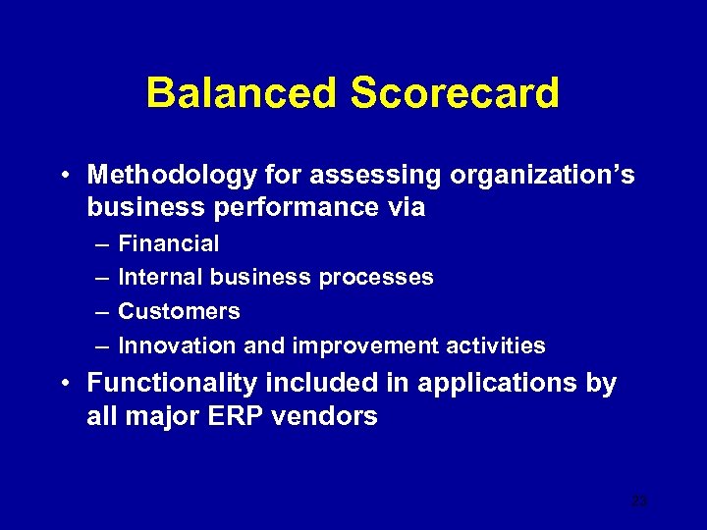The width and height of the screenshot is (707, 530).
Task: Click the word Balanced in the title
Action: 242,94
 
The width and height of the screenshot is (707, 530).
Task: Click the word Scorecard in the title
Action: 455,94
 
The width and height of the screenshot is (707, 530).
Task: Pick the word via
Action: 406,207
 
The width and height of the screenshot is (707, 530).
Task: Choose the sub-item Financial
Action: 169,243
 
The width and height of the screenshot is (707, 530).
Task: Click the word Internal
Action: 160,278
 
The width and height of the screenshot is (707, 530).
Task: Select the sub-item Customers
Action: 179,312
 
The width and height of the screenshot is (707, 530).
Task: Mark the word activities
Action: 497,346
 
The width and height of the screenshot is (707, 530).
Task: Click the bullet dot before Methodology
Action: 62,177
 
